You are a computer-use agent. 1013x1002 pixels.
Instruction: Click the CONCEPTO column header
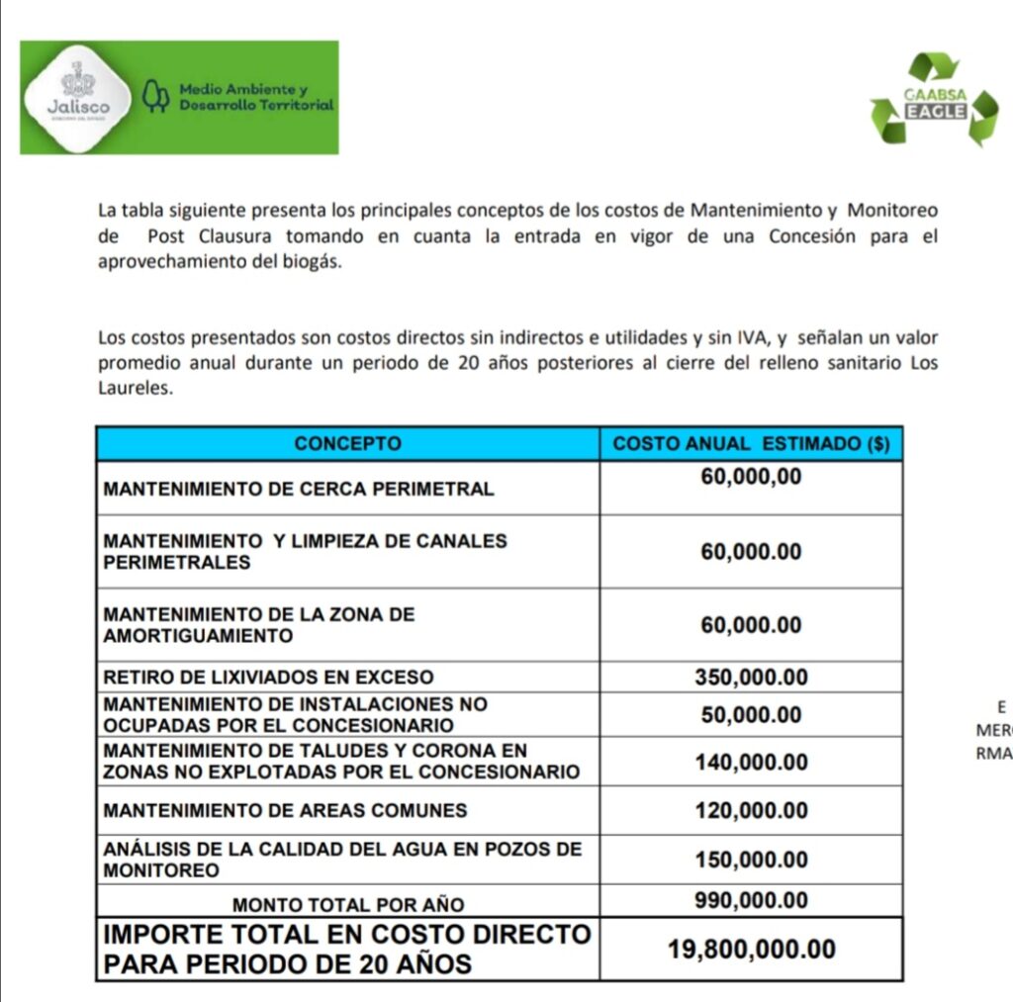pyautogui.click(x=347, y=444)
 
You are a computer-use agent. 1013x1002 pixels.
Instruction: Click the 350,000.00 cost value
pyautogui.click(x=751, y=678)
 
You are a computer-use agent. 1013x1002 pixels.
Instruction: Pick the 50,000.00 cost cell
pyautogui.click(x=751, y=715)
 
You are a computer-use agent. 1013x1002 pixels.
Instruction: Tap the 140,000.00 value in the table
pyautogui.click(x=751, y=763)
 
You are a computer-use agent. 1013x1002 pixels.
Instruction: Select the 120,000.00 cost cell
pyautogui.click(x=751, y=811)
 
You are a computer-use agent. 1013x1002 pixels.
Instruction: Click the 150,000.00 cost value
pyautogui.click(x=751, y=861)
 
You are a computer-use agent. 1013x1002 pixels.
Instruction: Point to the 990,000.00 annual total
pyautogui.click(x=751, y=901)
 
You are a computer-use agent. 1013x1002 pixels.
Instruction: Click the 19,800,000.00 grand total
pyautogui.click(x=751, y=950)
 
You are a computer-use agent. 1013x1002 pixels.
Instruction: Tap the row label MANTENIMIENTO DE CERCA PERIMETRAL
pyautogui.click(x=299, y=489)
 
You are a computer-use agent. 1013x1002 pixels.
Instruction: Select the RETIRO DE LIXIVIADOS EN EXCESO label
pyautogui.click(x=268, y=678)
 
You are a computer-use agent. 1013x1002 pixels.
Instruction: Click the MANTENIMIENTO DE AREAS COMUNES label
pyautogui.click(x=285, y=811)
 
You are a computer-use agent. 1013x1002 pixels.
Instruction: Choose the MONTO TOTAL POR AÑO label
pyautogui.click(x=347, y=904)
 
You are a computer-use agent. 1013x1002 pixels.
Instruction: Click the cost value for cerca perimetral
pyautogui.click(x=751, y=478)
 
